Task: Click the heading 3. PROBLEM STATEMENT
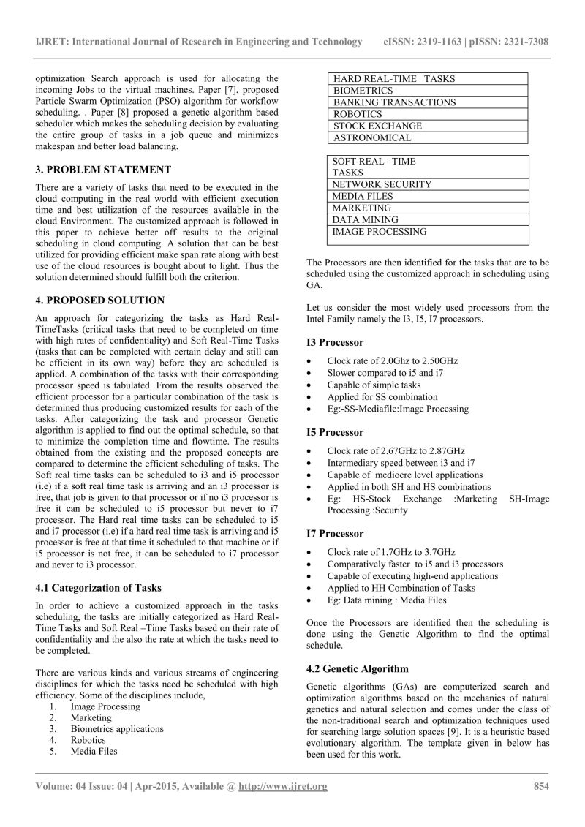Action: click(x=103, y=170)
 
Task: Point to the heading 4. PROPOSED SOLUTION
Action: click(x=99, y=300)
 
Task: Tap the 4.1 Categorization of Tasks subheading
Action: click(x=98, y=588)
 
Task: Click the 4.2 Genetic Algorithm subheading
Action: click(x=357, y=668)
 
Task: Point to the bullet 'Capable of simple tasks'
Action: click(x=374, y=385)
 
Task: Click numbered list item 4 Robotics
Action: click(x=88, y=739)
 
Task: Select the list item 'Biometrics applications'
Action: click(x=117, y=728)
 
